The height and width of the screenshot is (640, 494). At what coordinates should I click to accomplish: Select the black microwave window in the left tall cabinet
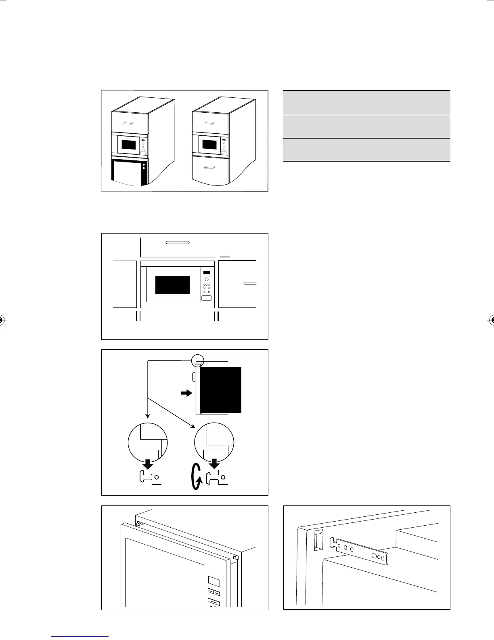[x=129, y=145]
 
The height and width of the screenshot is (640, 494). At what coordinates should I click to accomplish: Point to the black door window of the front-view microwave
[x=173, y=285]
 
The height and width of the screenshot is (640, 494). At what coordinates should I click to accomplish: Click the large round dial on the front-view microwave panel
[x=207, y=280]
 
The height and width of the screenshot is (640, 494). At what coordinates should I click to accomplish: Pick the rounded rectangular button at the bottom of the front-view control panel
[x=207, y=298]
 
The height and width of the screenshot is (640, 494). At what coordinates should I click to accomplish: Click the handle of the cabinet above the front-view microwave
[x=178, y=243]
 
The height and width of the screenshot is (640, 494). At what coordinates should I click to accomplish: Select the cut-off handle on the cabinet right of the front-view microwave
[x=250, y=284]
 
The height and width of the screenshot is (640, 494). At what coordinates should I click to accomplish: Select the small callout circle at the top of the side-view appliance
[x=197, y=360]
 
